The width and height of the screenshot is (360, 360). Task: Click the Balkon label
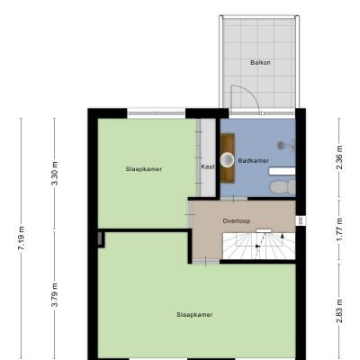(x=260, y=62)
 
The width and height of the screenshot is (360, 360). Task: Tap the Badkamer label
(x=254, y=161)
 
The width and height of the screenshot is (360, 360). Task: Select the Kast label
(x=208, y=166)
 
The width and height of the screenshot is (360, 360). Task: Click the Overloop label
(x=237, y=221)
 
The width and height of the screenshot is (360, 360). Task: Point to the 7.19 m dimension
(x=22, y=238)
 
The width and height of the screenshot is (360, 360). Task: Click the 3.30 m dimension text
(x=55, y=174)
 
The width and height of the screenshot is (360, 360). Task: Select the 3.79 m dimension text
(x=55, y=295)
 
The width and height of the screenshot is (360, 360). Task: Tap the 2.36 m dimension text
(x=339, y=157)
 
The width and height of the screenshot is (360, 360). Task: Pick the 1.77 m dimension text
(x=339, y=229)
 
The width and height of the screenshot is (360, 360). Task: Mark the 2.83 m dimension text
(x=339, y=310)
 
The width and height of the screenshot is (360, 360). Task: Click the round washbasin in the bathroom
(x=227, y=159)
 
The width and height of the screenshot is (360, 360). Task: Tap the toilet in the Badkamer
(x=283, y=187)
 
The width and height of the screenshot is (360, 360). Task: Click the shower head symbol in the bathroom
(x=281, y=146)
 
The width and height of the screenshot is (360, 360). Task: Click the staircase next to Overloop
(x=259, y=246)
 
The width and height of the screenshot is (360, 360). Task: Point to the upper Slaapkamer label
(x=144, y=169)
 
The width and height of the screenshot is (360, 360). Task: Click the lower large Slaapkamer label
(x=194, y=315)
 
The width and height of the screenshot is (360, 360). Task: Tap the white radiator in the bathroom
(x=282, y=171)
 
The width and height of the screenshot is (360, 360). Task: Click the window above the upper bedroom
(x=157, y=113)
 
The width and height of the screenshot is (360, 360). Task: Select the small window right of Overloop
(x=301, y=220)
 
